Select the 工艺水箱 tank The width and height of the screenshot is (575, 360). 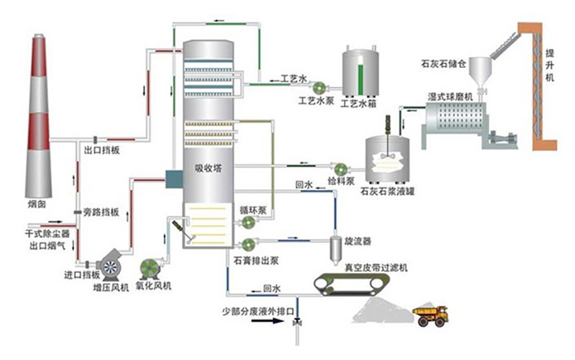(358, 70)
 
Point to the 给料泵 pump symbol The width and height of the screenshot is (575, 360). (340, 169)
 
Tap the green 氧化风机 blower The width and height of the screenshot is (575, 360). (151, 269)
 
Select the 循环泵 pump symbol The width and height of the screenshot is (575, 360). (248, 221)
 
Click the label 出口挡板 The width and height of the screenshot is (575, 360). (102, 150)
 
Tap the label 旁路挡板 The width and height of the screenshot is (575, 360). (102, 212)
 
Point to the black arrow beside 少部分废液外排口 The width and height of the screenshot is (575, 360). (266, 321)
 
